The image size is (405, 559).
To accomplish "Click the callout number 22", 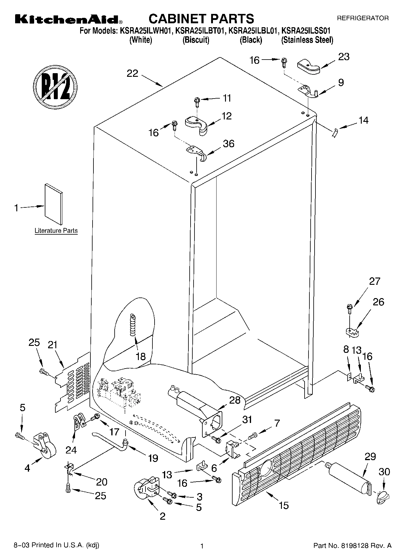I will click(132, 73).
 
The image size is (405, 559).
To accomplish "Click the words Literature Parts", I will click(56, 231).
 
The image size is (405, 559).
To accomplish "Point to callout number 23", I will click(344, 57).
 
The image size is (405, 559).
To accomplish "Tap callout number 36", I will click(228, 144).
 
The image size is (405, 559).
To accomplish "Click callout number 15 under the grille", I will click(284, 505).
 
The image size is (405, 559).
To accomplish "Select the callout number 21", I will click(53, 345).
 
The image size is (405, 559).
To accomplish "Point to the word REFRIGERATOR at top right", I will click(363, 18).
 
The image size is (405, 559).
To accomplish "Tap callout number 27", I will click(374, 281).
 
